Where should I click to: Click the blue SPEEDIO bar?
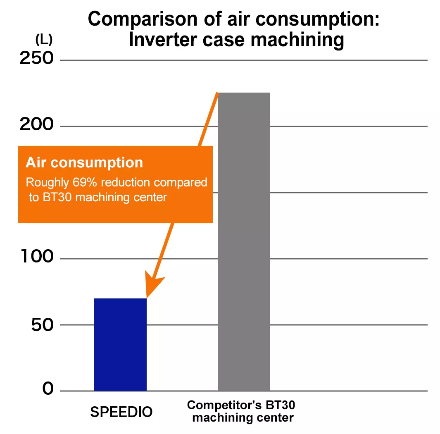[x=120, y=344]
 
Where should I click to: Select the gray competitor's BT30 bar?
[x=244, y=242]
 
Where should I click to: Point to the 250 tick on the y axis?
[x=37, y=59]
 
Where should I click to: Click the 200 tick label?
[x=37, y=125]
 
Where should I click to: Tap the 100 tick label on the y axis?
[x=37, y=258]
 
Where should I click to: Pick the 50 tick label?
[x=42, y=325]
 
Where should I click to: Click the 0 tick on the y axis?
[x=48, y=389]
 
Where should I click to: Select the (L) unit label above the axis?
[x=43, y=41]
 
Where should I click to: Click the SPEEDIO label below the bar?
[x=121, y=412]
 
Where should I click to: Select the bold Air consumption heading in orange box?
[x=84, y=162]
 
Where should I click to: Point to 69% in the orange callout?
[x=81, y=182]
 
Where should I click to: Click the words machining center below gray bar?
[x=243, y=417]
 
